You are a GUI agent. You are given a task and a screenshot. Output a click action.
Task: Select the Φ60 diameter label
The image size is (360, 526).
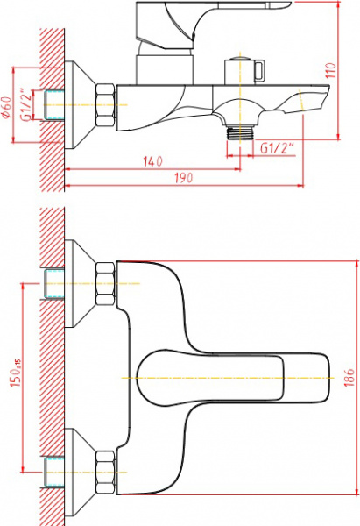click(x=7, y=107)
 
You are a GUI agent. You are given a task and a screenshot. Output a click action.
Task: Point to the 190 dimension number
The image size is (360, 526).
click(x=182, y=178)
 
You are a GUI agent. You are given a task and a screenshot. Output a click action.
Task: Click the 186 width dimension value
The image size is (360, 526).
click(x=349, y=377)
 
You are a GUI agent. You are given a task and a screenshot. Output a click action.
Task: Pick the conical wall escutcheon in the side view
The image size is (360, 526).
click(x=81, y=105)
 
